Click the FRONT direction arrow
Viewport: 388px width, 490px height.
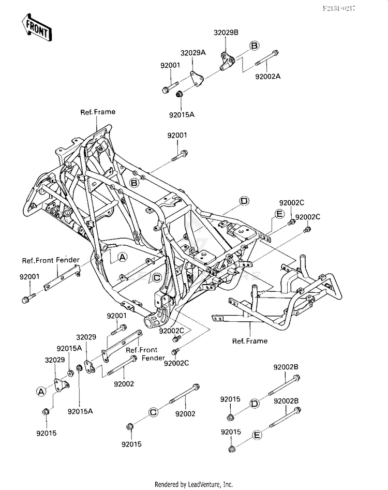point(37,27)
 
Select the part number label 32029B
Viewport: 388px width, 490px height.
point(226,33)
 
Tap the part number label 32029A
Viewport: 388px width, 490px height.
point(193,53)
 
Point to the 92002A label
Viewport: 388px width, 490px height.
point(268,76)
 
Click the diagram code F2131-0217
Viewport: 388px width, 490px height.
point(339,8)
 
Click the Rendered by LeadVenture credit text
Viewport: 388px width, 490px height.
point(193,484)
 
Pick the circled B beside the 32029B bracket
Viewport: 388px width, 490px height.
point(255,46)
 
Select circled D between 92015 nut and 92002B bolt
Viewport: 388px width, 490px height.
point(255,404)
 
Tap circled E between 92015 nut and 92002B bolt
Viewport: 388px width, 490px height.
point(257,435)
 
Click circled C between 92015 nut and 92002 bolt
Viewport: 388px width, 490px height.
point(153,412)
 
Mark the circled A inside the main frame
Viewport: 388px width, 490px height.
point(123,257)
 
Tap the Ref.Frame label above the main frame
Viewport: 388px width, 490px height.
point(98,112)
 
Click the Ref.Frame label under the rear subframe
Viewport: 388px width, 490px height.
point(250,340)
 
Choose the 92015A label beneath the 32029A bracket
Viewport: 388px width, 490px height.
point(182,115)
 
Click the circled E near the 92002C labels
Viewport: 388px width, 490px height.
point(279,214)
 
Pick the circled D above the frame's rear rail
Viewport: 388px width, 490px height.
point(244,201)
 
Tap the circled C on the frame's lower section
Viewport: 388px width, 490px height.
point(157,277)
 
